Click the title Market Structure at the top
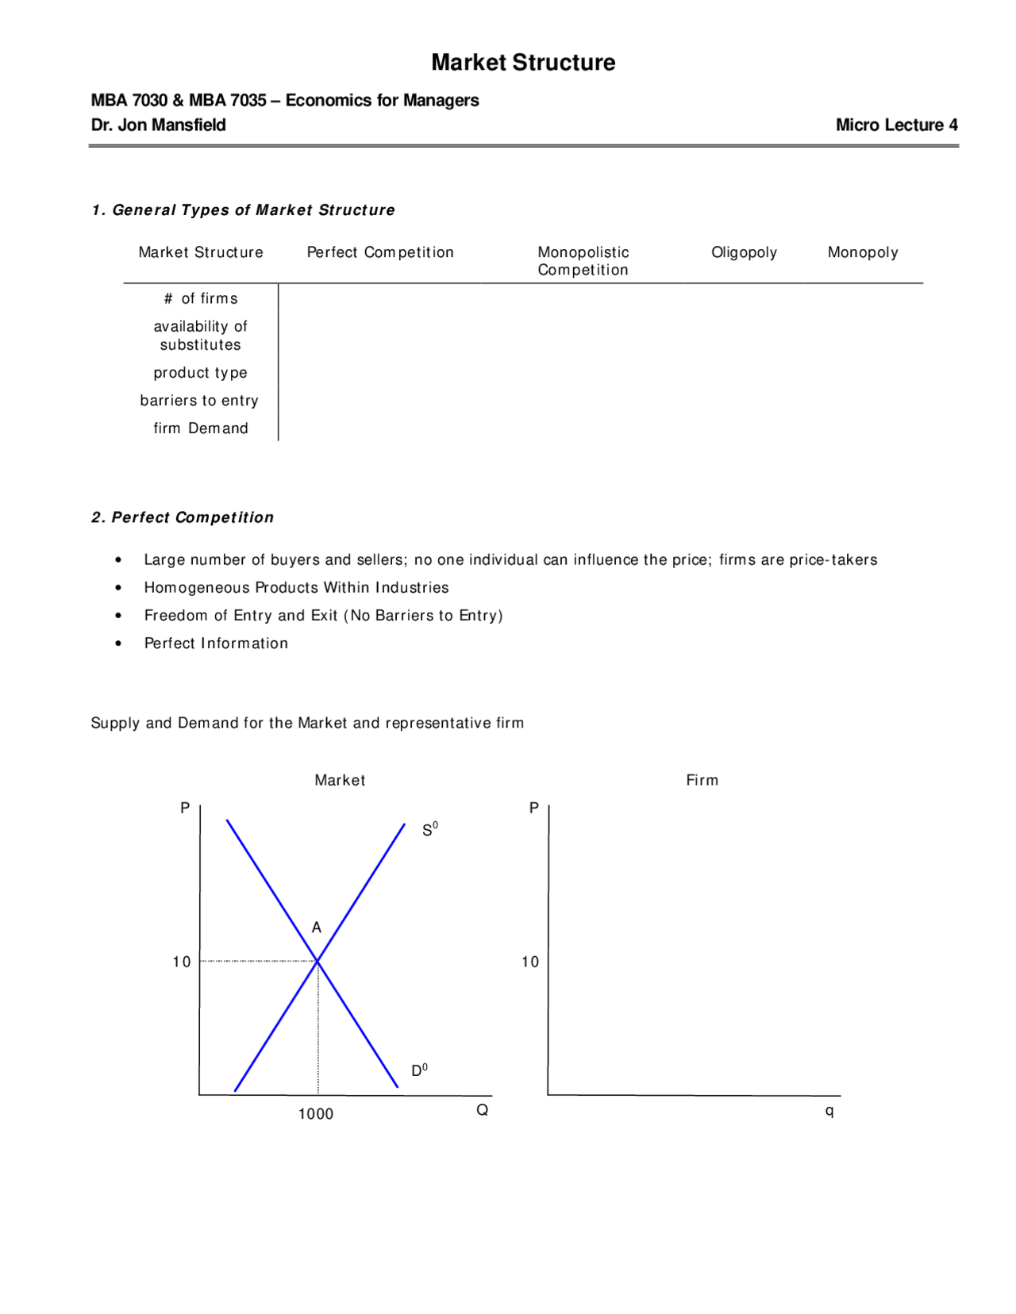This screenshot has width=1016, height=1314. point(523,63)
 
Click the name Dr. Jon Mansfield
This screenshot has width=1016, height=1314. point(158,125)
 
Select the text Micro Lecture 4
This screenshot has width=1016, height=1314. point(896,125)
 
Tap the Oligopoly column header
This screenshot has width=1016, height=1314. point(744,252)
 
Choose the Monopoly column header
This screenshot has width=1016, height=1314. point(863,252)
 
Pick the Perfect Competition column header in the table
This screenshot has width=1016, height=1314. point(380,252)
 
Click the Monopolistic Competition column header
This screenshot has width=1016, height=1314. point(583,261)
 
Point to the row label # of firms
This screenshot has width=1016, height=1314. point(201,298)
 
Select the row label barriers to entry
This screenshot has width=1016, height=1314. point(199,401)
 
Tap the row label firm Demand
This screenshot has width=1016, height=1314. point(201,428)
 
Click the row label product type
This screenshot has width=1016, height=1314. point(201,373)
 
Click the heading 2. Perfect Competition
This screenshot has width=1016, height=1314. point(183,517)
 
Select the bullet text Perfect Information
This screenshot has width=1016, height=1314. point(216,644)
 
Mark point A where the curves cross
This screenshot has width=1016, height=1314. point(317,961)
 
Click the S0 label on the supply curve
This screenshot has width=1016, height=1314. point(429,830)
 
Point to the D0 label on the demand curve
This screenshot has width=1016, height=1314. point(419,1070)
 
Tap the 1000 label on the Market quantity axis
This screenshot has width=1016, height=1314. point(316,1114)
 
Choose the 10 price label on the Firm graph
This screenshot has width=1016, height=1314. point(530,962)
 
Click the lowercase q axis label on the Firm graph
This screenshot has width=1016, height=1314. point(829,1111)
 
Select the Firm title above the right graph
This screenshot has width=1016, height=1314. point(702,781)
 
